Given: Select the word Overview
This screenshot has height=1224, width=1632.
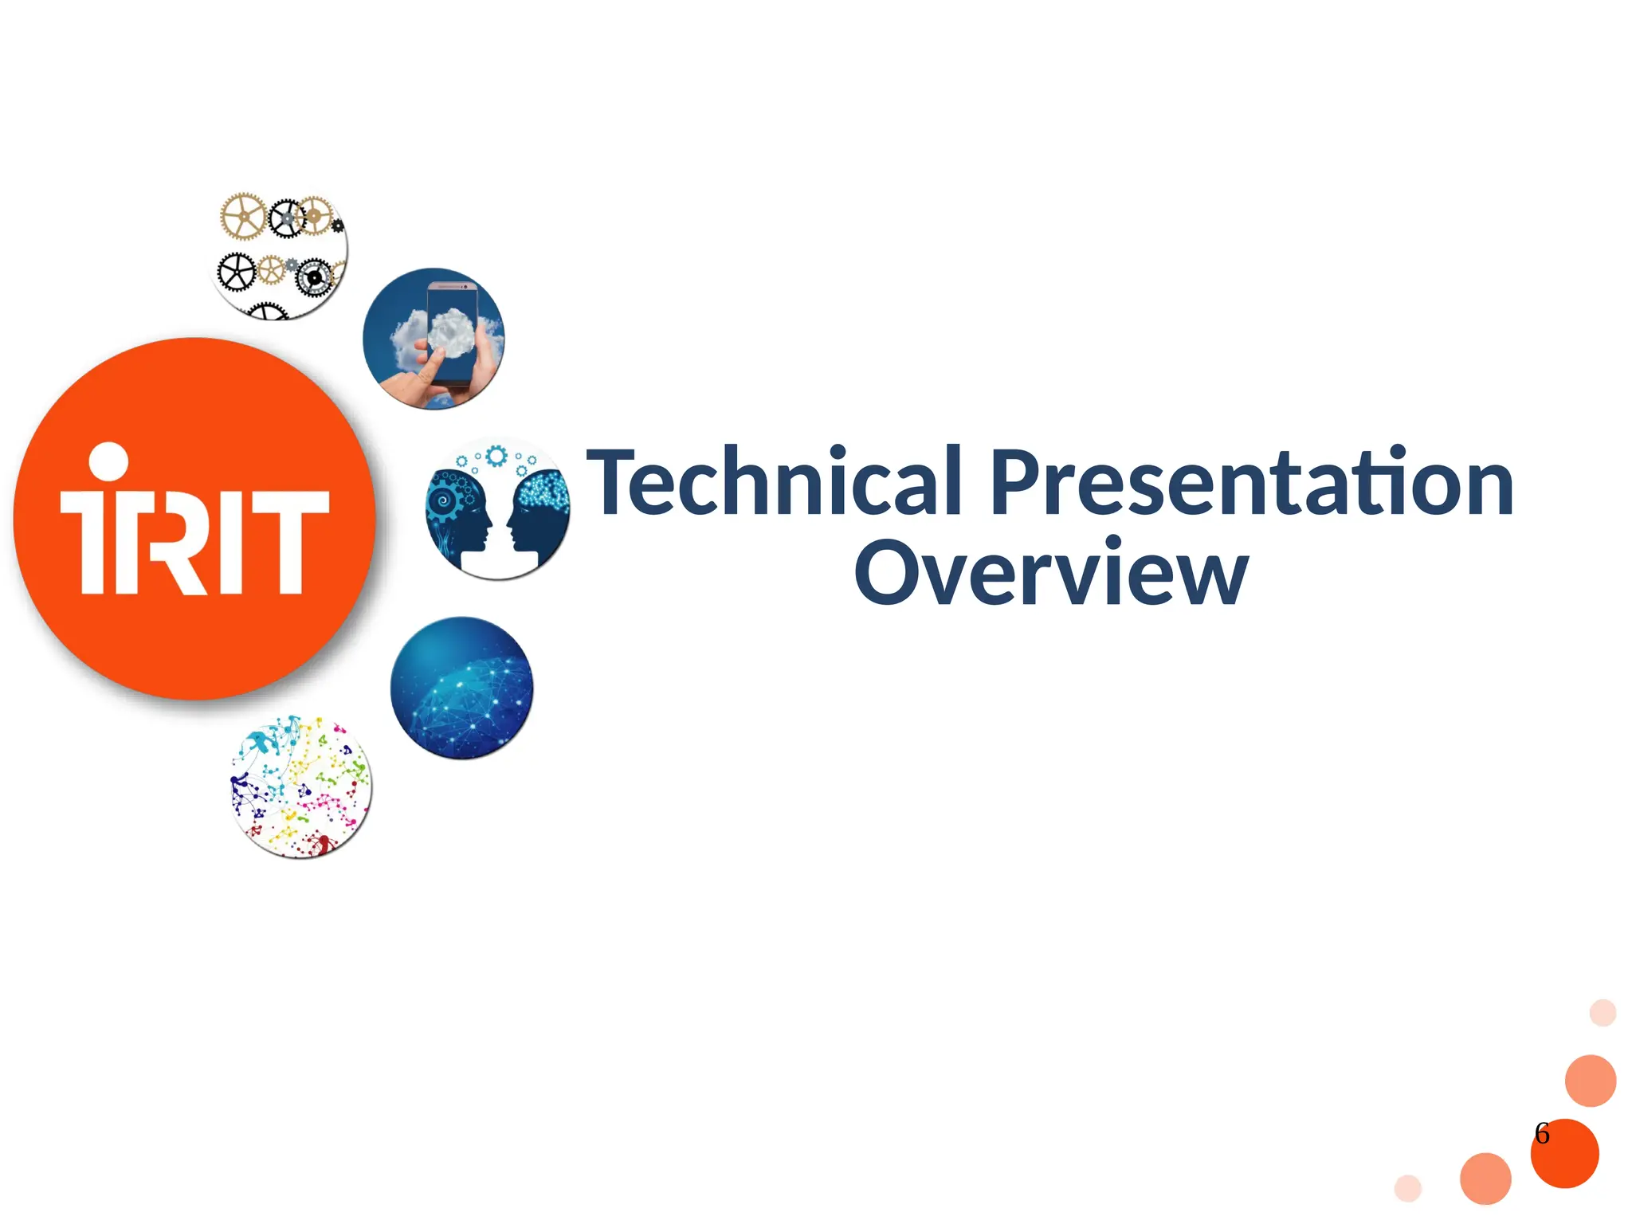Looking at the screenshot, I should click(1050, 572).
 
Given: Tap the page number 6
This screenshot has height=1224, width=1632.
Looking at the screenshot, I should click(1542, 1133).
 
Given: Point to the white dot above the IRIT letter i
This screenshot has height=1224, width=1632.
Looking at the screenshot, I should click(108, 462).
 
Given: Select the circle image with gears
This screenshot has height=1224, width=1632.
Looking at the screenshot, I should click(279, 255).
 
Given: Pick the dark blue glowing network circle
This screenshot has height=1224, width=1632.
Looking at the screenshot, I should click(462, 688).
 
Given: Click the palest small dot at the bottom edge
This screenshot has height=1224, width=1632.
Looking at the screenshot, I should click(1408, 1187).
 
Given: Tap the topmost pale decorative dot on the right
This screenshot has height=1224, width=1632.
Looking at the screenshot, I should click(1603, 1013).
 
